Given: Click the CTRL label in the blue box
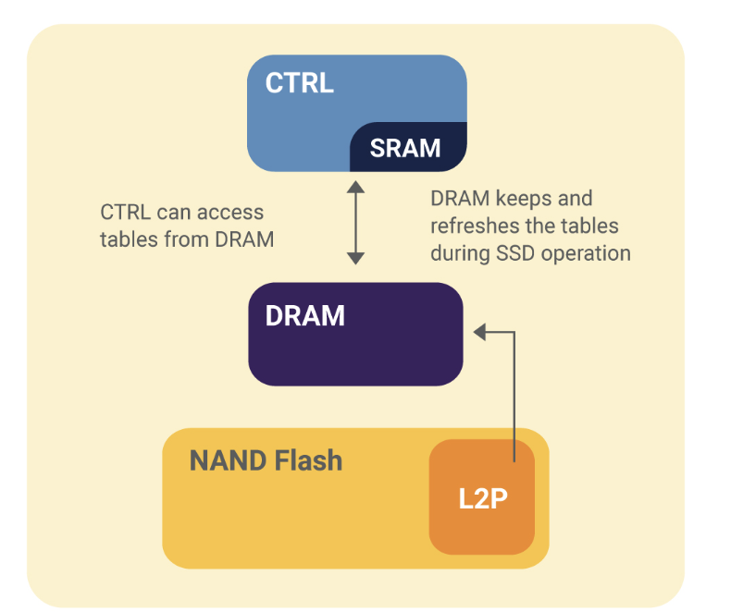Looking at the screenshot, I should click(x=299, y=83).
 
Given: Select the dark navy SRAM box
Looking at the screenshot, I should click(x=405, y=148).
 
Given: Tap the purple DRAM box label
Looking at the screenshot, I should click(x=304, y=316).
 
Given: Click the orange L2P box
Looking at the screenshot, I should click(x=482, y=498).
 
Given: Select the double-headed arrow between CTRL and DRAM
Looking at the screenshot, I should click(x=355, y=223).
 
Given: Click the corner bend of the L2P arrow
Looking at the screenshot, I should click(x=513, y=330).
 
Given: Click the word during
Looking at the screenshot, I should click(x=458, y=253).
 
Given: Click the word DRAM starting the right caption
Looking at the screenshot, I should click(x=457, y=199).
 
